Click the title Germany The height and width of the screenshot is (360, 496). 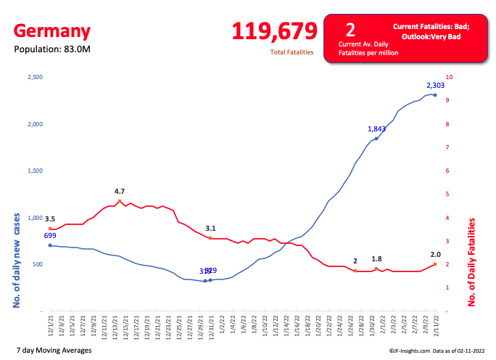click(52, 31)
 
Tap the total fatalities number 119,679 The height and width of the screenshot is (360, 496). click(275, 31)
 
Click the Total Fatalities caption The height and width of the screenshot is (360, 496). click(292, 52)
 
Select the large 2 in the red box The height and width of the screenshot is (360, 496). click(350, 30)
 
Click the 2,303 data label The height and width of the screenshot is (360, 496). click(436, 85)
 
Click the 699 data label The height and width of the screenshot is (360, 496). click(50, 236)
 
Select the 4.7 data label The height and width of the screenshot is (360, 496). click(120, 192)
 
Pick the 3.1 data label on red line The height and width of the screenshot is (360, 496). click(210, 229)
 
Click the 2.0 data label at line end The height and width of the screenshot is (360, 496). click(436, 255)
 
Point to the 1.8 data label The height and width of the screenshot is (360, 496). click(376, 259)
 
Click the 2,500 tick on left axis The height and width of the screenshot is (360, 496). click(35, 77)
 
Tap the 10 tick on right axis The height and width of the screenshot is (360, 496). click(450, 77)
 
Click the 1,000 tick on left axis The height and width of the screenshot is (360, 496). click(35, 218)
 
